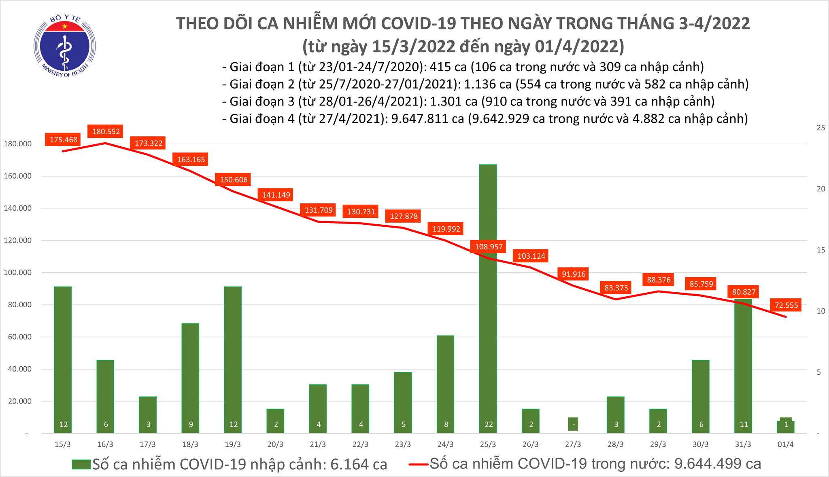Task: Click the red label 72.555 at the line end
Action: click(x=786, y=306)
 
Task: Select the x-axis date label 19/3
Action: click(x=233, y=444)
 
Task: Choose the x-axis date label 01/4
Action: click(x=786, y=444)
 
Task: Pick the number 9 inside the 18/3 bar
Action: click(x=190, y=424)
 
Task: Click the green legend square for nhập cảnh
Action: click(x=81, y=464)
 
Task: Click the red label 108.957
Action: click(x=488, y=247)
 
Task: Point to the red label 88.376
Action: click(x=659, y=280)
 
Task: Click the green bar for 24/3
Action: click(x=445, y=384)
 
